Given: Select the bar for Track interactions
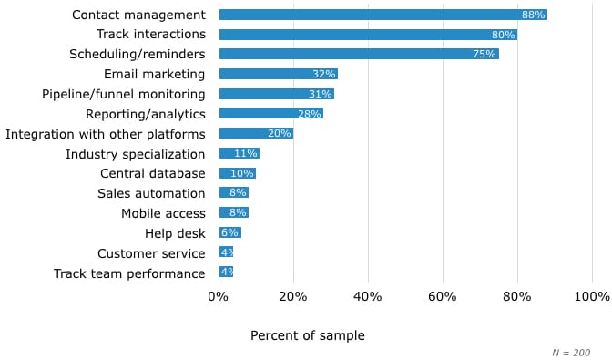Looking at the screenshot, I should click(368, 35).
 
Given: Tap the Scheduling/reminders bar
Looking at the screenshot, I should click(359, 54).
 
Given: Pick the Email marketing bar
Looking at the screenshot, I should click(278, 74).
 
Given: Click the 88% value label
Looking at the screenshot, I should click(533, 15).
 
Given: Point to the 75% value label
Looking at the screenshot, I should click(484, 54).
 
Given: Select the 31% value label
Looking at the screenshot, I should click(321, 94).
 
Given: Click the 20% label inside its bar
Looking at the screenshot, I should click(280, 134).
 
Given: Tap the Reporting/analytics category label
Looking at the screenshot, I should click(145, 114).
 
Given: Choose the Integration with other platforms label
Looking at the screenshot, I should click(105, 134).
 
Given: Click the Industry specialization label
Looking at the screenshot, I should click(135, 154).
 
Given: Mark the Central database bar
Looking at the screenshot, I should click(237, 173).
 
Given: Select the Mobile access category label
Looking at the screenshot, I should click(163, 213).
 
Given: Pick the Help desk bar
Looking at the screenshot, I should click(229, 233).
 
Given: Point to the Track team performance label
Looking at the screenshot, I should click(129, 273).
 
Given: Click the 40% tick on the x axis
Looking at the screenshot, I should click(368, 296).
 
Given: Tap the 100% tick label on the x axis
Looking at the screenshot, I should click(592, 296).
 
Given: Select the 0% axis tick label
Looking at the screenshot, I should click(219, 296).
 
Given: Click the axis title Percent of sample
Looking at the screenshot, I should click(307, 335).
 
